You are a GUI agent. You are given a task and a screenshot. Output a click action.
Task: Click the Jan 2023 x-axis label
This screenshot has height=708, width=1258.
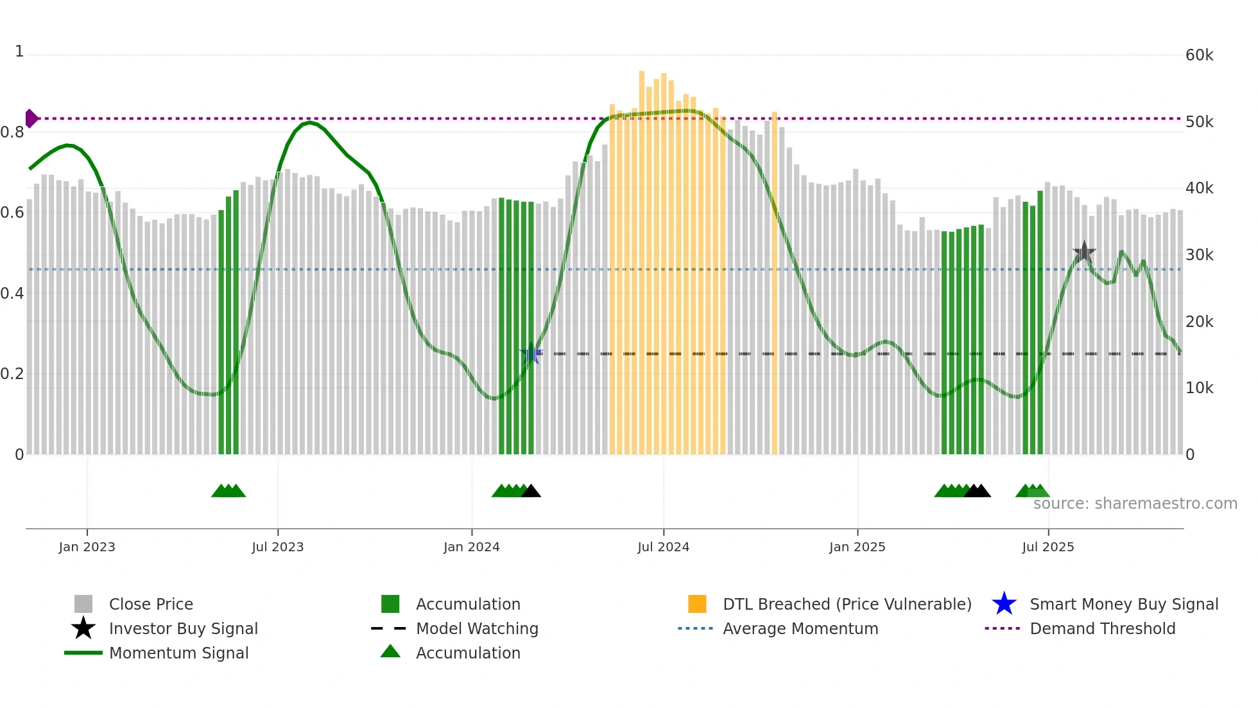[x=87, y=547]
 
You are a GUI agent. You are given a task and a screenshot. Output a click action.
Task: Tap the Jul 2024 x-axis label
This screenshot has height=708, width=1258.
[x=663, y=547]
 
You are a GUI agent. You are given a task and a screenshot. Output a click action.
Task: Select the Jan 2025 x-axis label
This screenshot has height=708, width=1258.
[x=857, y=547]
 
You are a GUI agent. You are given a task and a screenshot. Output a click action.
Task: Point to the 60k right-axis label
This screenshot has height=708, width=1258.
[x=1199, y=55]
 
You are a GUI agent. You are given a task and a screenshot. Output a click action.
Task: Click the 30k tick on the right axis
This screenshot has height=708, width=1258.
[x=1199, y=255]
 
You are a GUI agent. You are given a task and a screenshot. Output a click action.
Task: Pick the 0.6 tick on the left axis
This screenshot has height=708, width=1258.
[x=12, y=213]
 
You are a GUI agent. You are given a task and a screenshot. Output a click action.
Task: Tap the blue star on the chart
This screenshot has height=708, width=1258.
[x=531, y=354]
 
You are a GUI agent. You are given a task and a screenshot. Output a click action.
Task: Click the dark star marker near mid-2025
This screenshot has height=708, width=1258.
[x=1084, y=252]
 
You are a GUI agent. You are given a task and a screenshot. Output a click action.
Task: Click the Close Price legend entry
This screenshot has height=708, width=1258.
[x=151, y=604]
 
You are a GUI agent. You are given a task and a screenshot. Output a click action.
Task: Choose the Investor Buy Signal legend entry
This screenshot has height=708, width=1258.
[x=183, y=628]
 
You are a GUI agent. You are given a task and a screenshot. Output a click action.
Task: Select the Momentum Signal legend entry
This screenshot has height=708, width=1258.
[x=178, y=653]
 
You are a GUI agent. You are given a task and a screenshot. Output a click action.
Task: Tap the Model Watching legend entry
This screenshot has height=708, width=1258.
[x=477, y=628]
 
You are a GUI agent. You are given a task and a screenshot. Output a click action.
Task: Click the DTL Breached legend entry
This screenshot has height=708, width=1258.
[x=847, y=604]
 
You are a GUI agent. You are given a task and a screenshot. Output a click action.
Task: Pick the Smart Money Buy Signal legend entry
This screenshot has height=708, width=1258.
[x=1124, y=604]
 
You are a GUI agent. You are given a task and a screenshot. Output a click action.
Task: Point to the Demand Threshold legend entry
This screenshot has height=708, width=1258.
[x=1102, y=628]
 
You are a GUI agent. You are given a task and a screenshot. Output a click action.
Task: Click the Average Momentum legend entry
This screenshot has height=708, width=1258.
[x=800, y=628]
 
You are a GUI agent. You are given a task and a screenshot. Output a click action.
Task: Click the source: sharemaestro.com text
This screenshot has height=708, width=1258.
[x=1135, y=504]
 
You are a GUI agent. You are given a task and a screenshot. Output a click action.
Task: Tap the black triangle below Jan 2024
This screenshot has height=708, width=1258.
[x=531, y=491]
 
